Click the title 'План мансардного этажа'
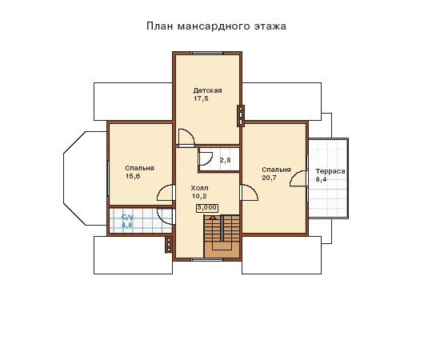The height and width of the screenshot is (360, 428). pyautogui.click(x=216, y=26)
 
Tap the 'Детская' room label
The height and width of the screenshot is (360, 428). pyautogui.click(x=207, y=90)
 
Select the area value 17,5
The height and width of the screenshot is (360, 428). pyautogui.click(x=201, y=98)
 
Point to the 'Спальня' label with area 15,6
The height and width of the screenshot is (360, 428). pyautogui.click(x=139, y=168)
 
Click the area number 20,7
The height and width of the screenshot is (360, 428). pyautogui.click(x=269, y=178)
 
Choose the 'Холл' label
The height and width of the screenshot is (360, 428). pyautogui.click(x=199, y=188)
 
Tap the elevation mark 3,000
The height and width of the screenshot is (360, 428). pyautogui.click(x=207, y=208)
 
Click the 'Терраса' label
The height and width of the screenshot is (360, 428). pyautogui.click(x=330, y=171)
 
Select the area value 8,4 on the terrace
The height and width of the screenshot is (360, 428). pyautogui.click(x=321, y=179)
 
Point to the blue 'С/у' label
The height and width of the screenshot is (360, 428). pyautogui.click(x=127, y=217)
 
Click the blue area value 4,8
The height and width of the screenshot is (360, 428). pyautogui.click(x=127, y=225)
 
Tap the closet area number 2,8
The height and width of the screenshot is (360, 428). pyautogui.click(x=225, y=160)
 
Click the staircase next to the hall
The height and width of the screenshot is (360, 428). pyautogui.click(x=222, y=236)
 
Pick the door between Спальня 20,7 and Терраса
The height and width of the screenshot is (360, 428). pyautogui.click(x=299, y=178)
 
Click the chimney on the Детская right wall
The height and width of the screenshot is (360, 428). pyautogui.click(x=241, y=116)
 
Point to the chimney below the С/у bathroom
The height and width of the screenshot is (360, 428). pyautogui.click(x=169, y=245)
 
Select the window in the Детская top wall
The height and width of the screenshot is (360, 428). pyautogui.click(x=207, y=53)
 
